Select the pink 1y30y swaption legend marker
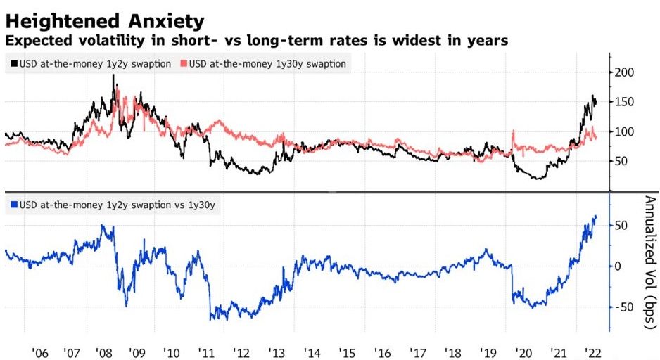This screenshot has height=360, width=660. pyautogui.click(x=184, y=64)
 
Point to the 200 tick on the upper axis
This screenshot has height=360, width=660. pyautogui.click(x=625, y=72)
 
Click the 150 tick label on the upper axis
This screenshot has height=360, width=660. pyautogui.click(x=625, y=102)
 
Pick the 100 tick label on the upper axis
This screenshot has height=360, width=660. pyautogui.click(x=625, y=131)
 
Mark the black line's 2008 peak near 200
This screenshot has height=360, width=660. pyautogui.click(x=114, y=75)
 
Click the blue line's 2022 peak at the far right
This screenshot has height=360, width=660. pyautogui.click(x=596, y=217)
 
